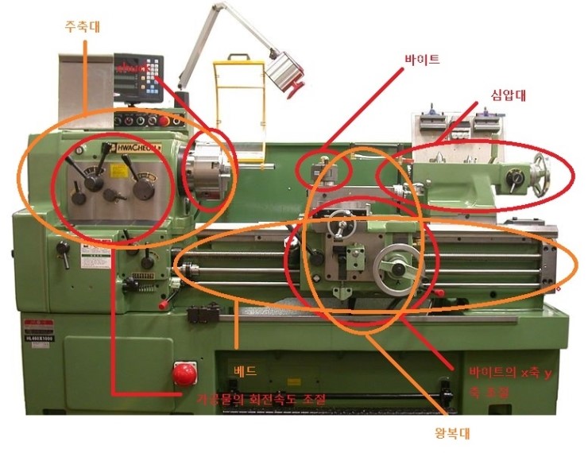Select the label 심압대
click(509, 95)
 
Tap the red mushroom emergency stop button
click(184, 372)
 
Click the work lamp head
click(282, 72)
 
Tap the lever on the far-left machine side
click(61, 254)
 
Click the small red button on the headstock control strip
click(164, 121)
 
